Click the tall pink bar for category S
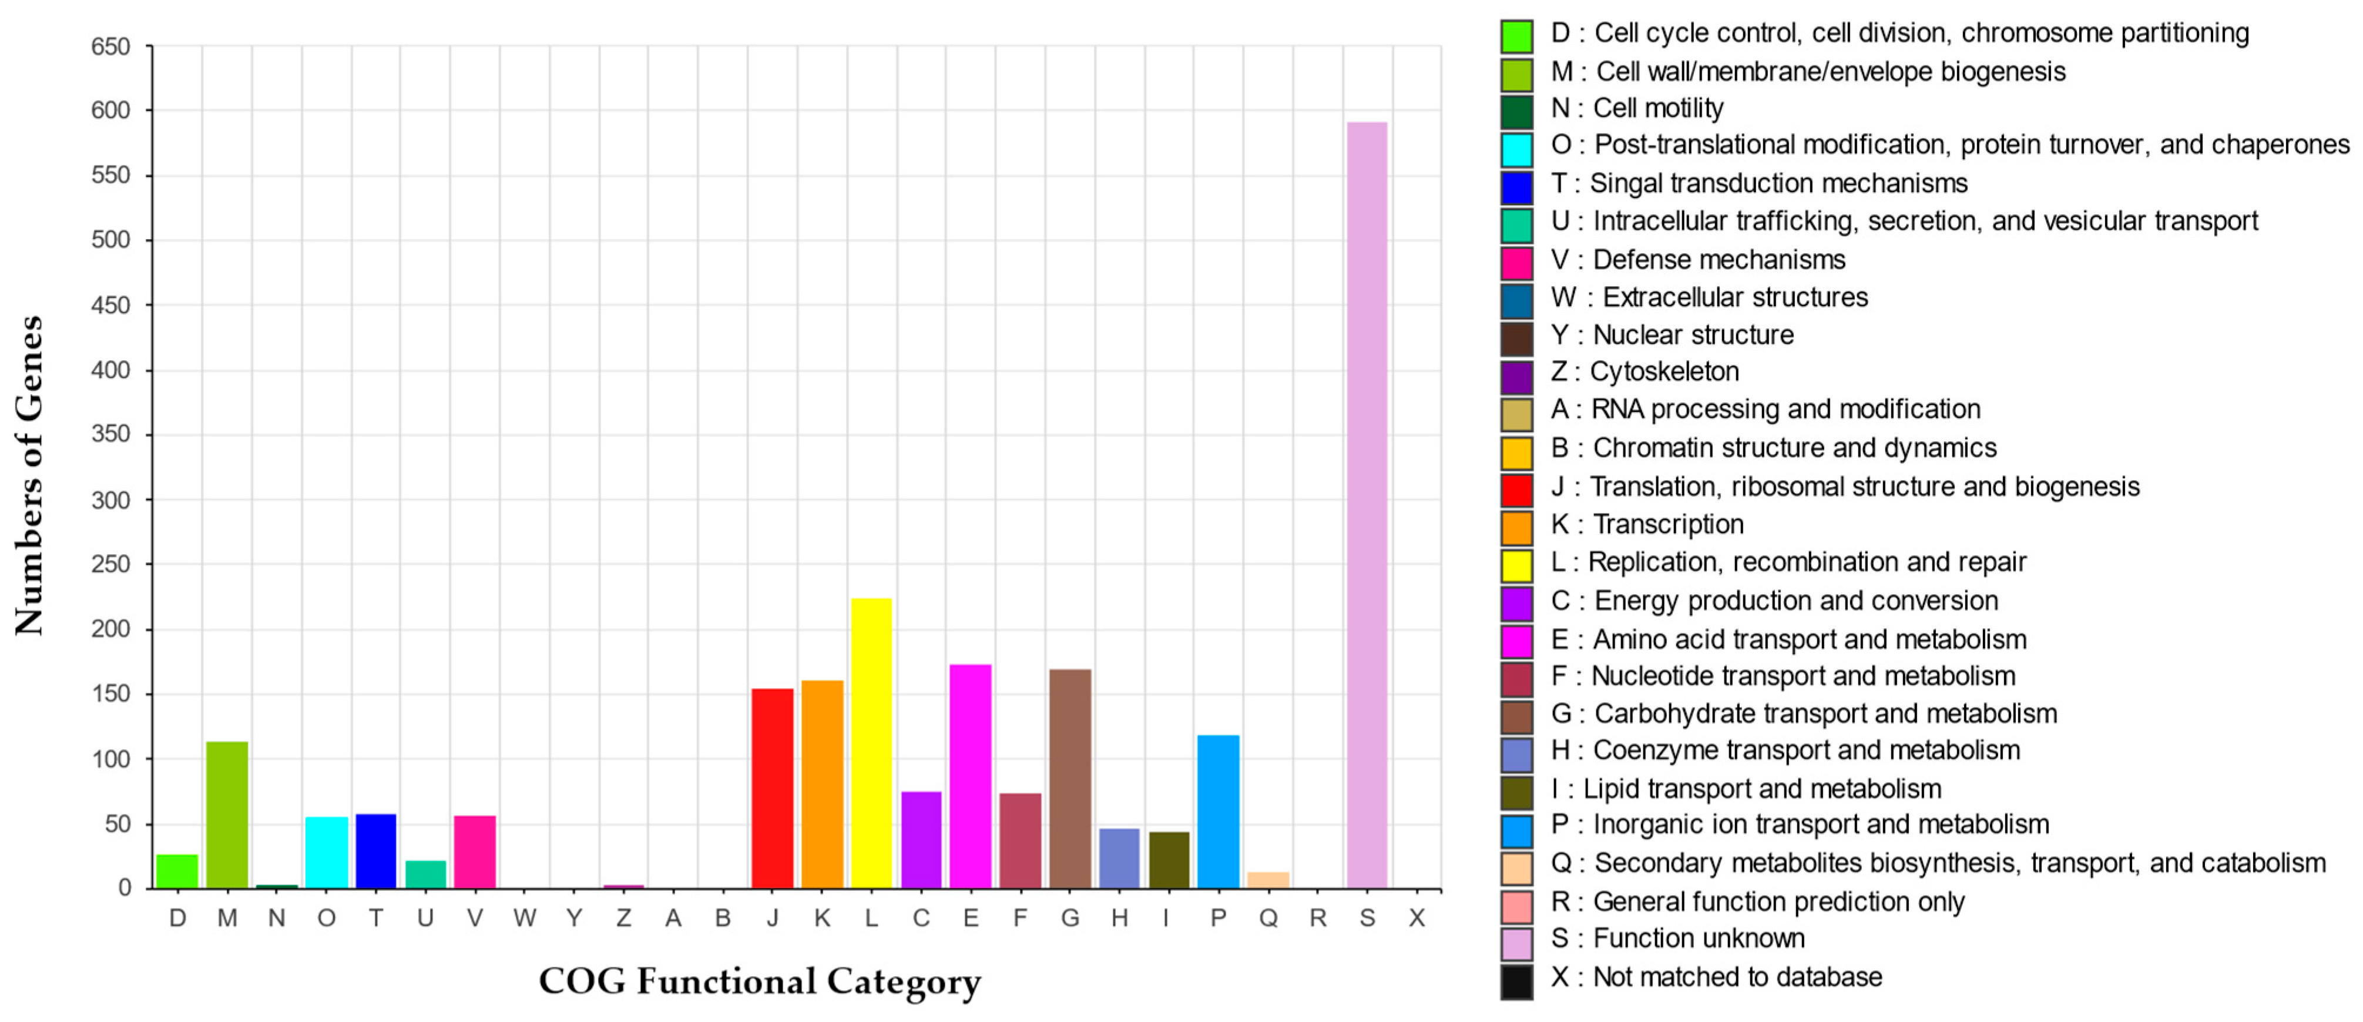pos(1367,505)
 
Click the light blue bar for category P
pos(1218,812)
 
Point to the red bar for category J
pos(773,788)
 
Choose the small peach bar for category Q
pos(1268,880)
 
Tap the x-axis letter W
pos(525,919)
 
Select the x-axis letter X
pos(1417,919)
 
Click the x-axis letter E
pos(971,919)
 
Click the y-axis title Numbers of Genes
pos(29,475)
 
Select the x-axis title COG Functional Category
pos(760,981)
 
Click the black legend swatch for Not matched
pos(1517,981)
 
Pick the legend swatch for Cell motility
pos(1517,112)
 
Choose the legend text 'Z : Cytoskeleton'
pos(1644,371)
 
